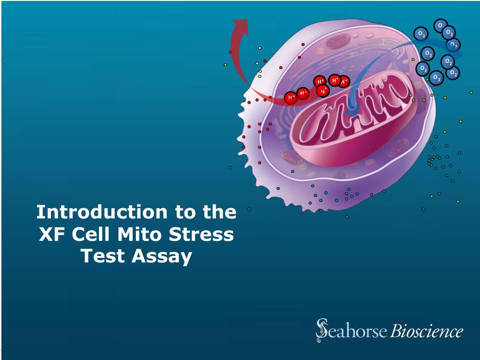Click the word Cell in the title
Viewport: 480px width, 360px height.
pyautogui.click(x=93, y=234)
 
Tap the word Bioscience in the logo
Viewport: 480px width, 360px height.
pyautogui.click(x=427, y=331)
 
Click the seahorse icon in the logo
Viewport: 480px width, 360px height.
pyautogui.click(x=322, y=330)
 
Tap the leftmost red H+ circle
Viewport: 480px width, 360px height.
pyautogui.click(x=291, y=97)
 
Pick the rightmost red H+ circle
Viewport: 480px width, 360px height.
pyautogui.click(x=344, y=82)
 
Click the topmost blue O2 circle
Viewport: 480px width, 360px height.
pyautogui.click(x=441, y=25)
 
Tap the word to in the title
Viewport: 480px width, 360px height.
pyautogui.click(x=185, y=212)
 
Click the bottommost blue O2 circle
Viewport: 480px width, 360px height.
pyautogui.click(x=436, y=77)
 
